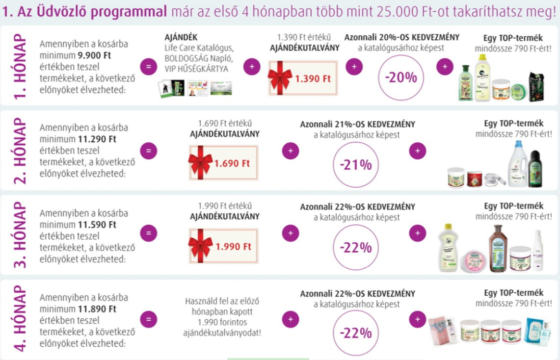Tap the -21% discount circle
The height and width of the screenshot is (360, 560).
click(356, 165)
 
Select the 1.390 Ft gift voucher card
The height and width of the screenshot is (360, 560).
click(303, 78)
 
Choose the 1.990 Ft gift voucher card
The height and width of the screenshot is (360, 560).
click(223, 246)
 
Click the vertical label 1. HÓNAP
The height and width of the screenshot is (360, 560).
click(19, 65)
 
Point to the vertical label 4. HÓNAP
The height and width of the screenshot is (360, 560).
click(19, 319)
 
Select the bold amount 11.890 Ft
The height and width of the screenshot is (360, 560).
click(97, 308)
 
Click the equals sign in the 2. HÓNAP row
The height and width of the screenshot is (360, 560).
click(148, 151)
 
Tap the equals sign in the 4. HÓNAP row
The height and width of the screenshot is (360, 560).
click(148, 320)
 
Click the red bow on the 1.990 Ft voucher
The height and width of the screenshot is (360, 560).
click(200, 246)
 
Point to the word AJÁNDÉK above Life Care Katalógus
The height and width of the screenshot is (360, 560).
click(180, 37)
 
